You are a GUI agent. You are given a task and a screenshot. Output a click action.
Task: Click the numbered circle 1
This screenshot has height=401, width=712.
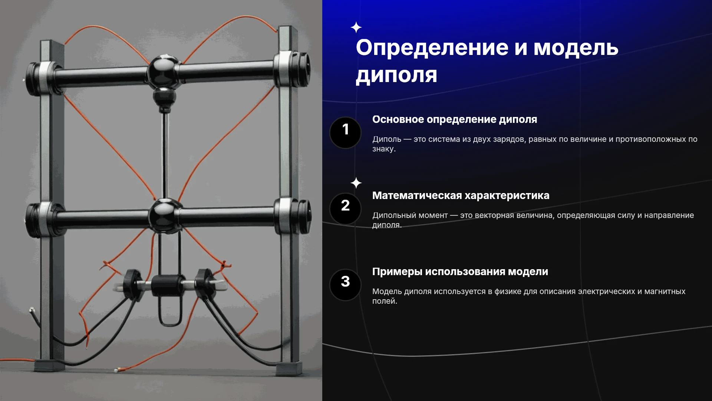345,133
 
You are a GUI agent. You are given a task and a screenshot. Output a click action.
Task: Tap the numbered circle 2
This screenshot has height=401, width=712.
345,209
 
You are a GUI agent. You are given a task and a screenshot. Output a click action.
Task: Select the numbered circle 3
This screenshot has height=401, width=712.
345,285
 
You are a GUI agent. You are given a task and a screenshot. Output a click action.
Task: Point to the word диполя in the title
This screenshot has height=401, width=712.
396,75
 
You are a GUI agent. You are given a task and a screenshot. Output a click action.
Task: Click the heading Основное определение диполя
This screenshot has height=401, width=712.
455,120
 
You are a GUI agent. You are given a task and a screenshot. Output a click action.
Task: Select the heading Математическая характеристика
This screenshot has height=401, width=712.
461,196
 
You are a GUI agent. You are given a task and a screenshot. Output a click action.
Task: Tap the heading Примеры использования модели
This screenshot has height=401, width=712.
460,272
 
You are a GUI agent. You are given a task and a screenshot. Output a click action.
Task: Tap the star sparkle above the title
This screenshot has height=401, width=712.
356,27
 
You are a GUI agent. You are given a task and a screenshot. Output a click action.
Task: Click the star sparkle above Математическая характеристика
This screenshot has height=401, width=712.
356,183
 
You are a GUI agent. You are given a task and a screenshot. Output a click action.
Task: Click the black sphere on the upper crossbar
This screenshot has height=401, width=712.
164,72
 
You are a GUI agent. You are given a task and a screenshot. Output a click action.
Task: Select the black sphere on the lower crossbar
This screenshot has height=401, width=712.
165,216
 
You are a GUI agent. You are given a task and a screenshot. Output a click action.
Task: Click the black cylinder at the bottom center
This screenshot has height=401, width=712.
168,286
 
